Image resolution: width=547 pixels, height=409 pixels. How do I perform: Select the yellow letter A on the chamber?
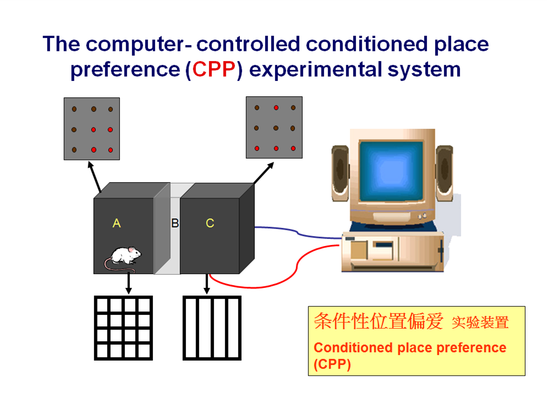coord(117,223)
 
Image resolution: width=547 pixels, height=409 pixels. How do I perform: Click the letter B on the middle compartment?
coord(175,223)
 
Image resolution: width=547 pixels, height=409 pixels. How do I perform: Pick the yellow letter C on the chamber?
coord(210,223)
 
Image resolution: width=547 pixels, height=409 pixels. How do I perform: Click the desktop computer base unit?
coord(392,252)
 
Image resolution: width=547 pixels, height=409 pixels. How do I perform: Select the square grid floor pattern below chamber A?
coord(123,328)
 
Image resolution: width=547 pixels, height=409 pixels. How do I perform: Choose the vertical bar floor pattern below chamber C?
coord(212,328)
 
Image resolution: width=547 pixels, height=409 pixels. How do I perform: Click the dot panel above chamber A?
coord(92,129)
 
